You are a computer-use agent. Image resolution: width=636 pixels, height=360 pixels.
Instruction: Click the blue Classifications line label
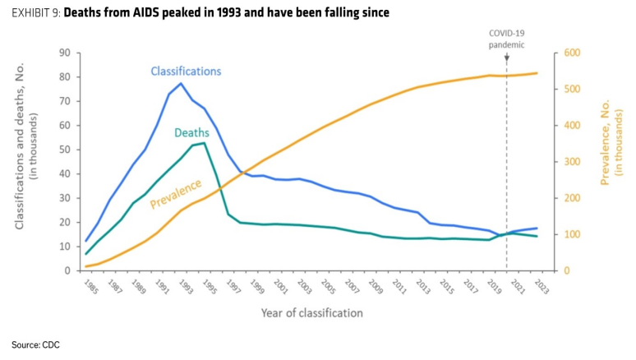tap(186, 72)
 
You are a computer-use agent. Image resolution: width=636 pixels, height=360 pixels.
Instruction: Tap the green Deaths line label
tap(191, 132)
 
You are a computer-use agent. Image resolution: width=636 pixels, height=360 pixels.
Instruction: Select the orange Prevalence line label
tap(176, 193)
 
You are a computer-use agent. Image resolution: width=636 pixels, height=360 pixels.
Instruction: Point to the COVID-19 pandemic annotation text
tap(506, 39)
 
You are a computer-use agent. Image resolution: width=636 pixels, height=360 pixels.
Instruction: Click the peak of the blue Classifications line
tap(181, 83)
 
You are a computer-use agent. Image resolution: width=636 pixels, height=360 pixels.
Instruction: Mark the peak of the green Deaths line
tap(204, 143)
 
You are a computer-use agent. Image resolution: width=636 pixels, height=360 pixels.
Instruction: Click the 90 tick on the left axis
tap(65, 53)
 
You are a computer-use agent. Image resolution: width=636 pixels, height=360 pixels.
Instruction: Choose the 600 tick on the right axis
tap(572, 53)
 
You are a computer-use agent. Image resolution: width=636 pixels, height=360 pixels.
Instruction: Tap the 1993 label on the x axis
tap(186, 287)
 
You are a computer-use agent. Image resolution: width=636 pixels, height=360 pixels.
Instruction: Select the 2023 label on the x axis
tap(542, 287)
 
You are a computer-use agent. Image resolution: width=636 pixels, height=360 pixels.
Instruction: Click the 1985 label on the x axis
tap(91, 287)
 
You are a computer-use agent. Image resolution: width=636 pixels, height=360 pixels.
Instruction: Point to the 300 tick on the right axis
tap(572, 162)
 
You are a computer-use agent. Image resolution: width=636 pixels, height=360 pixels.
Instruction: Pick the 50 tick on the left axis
tap(65, 150)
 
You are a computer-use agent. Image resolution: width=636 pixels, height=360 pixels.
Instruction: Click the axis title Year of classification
tap(312, 313)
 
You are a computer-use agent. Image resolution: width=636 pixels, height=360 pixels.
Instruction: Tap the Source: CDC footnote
tap(35, 345)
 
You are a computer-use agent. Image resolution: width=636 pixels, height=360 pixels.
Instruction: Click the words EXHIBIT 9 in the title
tap(36, 13)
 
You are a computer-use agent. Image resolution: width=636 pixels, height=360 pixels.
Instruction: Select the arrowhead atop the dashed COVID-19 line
tap(507, 58)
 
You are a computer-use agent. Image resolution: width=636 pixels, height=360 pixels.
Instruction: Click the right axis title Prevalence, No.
tap(605, 142)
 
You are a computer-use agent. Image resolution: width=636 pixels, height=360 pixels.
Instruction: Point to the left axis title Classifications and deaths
tap(19, 146)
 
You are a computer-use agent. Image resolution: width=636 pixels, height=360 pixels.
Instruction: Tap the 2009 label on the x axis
tap(376, 287)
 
